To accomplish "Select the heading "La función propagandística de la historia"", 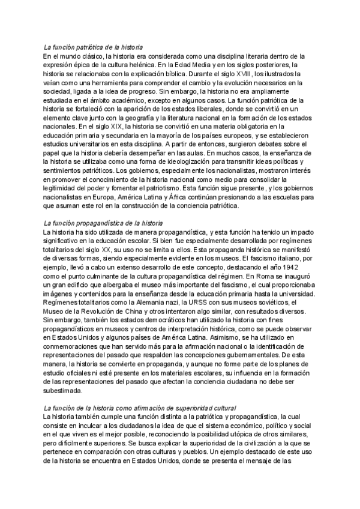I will (x=103, y=223).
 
